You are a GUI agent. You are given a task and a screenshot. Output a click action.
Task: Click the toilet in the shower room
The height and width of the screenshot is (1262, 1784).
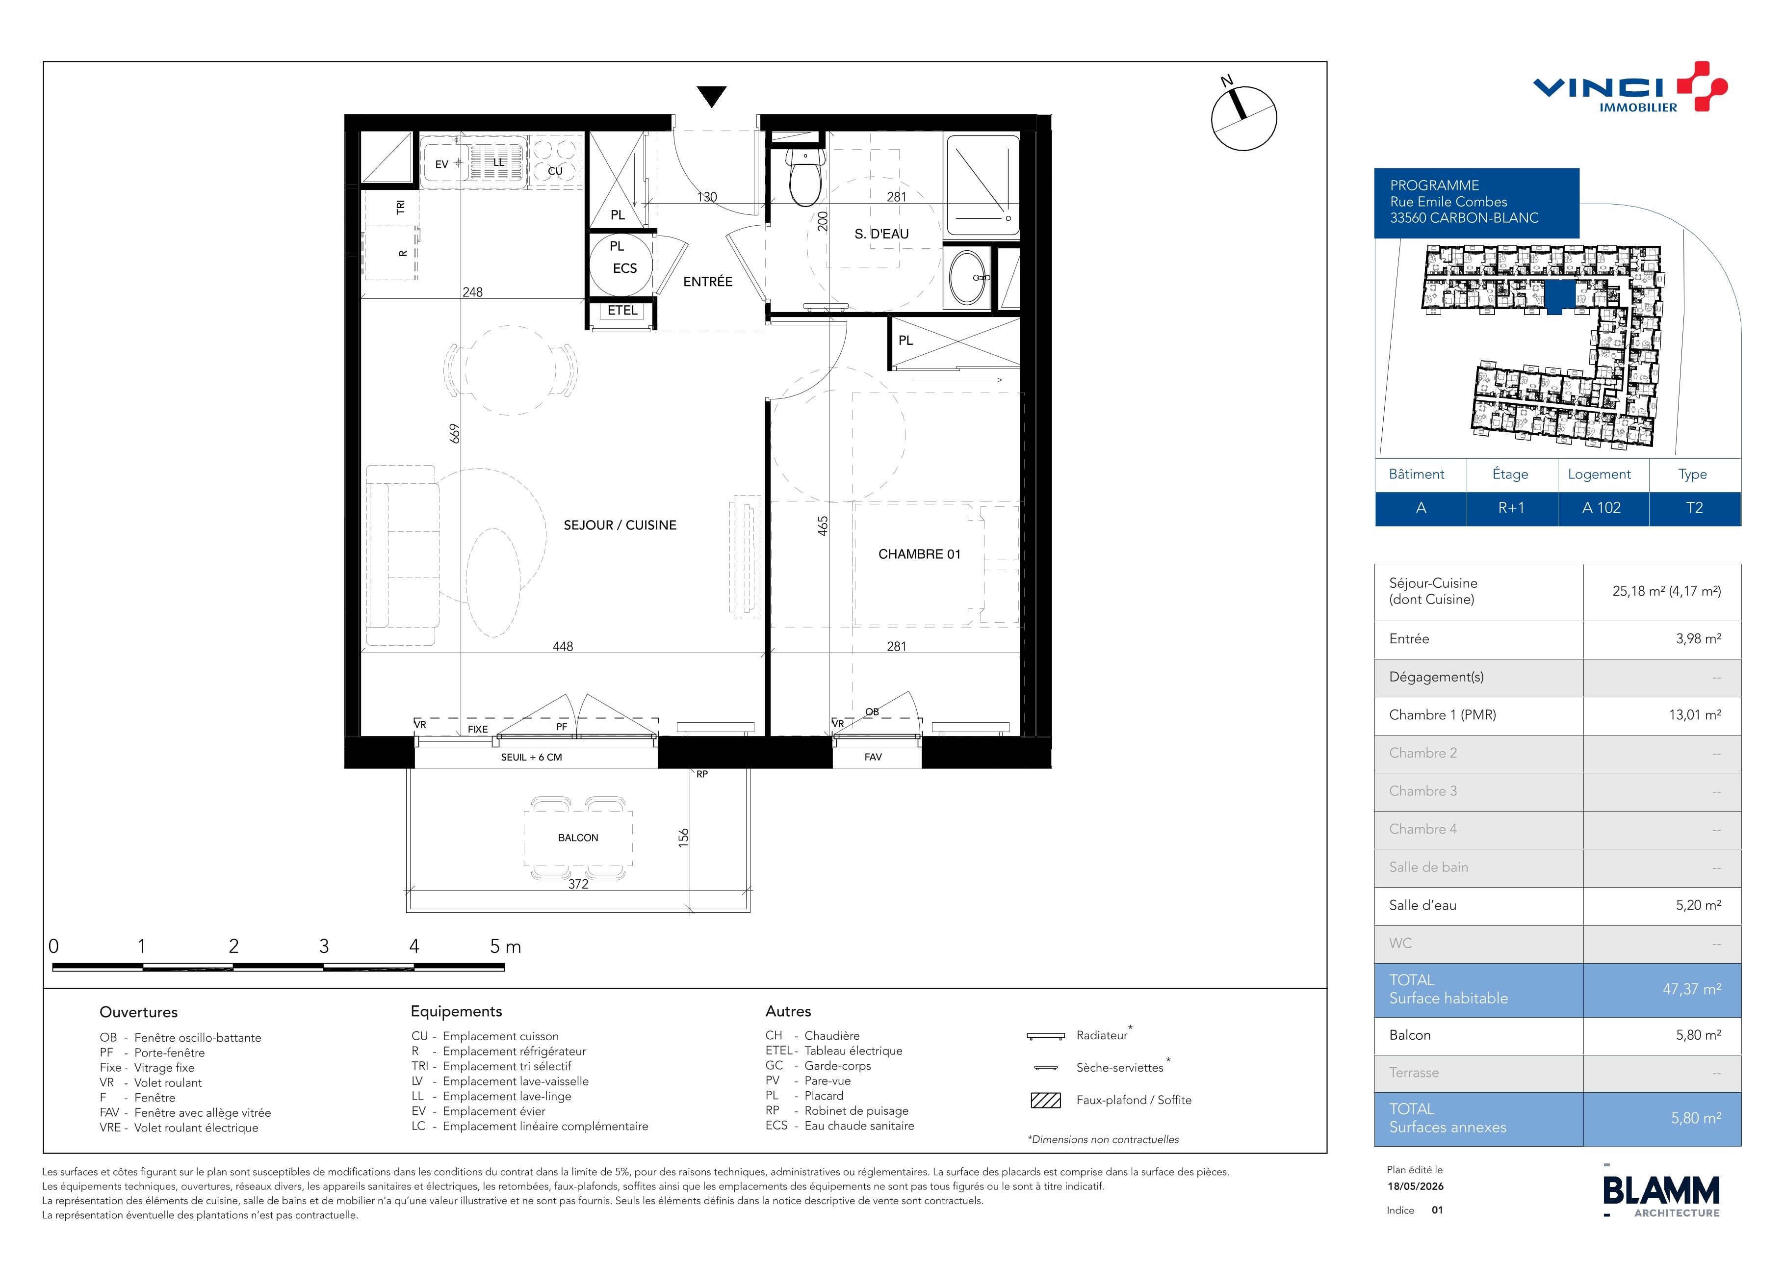pos(805,177)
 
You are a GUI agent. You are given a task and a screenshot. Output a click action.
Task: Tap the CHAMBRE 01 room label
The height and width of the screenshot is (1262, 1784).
pos(919,554)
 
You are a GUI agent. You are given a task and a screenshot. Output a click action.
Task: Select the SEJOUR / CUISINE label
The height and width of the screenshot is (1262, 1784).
pos(620,526)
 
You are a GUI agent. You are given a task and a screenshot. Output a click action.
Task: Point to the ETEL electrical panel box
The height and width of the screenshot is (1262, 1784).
pos(622,311)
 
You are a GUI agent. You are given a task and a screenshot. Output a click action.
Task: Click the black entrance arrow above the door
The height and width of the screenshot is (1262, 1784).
pos(712,96)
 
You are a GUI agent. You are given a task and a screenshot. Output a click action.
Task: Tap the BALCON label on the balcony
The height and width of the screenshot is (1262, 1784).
pos(578,838)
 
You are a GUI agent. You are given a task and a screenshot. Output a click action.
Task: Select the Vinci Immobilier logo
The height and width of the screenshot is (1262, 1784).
pos(1630,87)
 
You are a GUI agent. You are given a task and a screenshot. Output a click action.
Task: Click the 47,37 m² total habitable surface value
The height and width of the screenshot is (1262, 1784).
pos(1691,989)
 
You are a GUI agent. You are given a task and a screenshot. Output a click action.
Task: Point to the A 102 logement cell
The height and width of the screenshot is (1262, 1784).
pos(1602,508)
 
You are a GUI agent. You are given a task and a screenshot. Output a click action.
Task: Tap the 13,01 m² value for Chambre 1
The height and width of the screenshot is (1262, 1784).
pos(1695,715)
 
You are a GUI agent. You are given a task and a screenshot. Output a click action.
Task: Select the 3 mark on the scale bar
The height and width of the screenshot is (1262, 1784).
pos(324,946)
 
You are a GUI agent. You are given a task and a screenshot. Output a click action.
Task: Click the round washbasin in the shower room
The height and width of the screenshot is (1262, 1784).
pos(968,277)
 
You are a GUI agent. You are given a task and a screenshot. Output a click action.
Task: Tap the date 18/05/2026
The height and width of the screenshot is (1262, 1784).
pos(1415,1186)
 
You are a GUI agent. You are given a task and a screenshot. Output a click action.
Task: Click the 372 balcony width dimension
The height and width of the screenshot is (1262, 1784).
pos(578,884)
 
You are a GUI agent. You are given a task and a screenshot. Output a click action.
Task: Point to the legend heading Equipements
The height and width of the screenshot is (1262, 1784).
pos(456,1011)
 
